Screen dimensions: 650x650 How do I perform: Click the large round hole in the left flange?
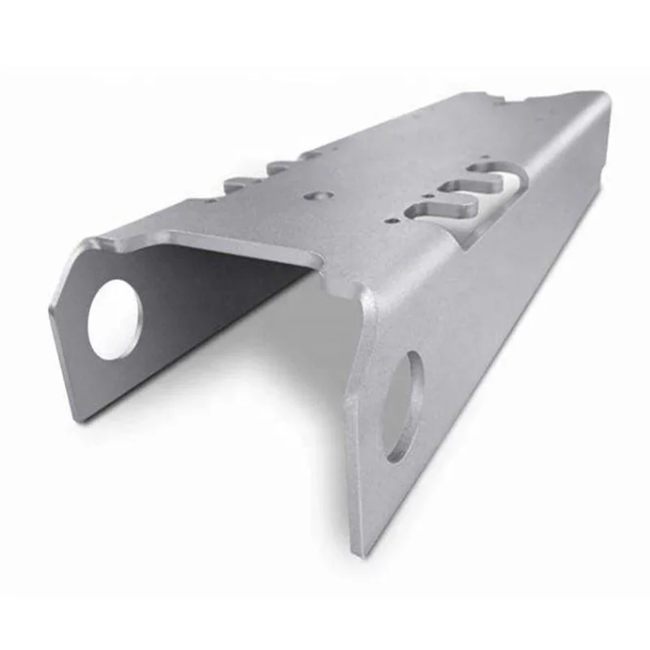coord(114,318)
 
